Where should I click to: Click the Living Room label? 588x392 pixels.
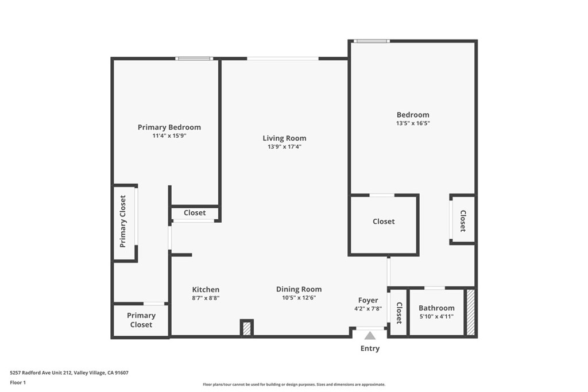[x=284, y=138]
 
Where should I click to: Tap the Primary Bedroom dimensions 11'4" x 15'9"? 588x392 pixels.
[x=169, y=136]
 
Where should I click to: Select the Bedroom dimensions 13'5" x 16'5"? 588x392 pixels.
[x=412, y=123]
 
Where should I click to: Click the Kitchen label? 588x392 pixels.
[x=206, y=289]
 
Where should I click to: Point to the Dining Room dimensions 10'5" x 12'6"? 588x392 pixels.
[x=299, y=298]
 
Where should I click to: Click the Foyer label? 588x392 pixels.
[x=368, y=300]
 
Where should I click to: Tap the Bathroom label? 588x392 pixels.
[x=436, y=308]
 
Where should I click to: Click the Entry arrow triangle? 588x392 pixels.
[x=370, y=336]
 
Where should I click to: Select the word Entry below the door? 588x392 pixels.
[x=370, y=348]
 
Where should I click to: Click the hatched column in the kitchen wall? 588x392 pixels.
[x=247, y=328]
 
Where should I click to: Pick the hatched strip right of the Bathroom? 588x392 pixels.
[x=470, y=312]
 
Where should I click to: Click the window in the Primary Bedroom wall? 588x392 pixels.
[x=194, y=59]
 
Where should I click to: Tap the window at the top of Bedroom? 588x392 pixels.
[x=371, y=41]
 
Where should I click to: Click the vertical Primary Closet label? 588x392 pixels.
[x=123, y=222]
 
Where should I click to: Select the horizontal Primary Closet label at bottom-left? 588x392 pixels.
[x=141, y=320]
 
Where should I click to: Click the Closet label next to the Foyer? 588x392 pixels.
[x=399, y=313]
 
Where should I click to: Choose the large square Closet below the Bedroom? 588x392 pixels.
[x=384, y=222]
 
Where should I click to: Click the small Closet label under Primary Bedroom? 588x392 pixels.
[x=195, y=213]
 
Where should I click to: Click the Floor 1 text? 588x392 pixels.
[x=18, y=382]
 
